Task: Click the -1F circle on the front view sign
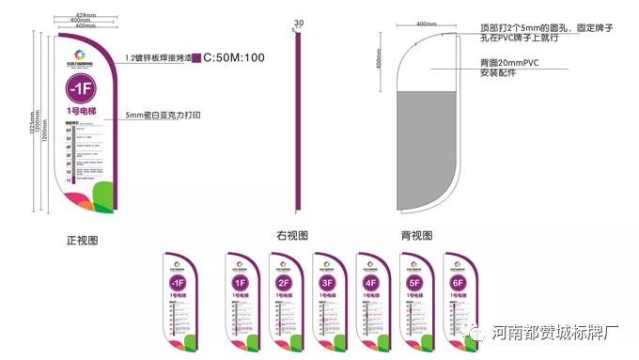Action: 82,90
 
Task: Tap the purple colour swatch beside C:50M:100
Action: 195,57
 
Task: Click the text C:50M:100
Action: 234,57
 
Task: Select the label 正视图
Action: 82,241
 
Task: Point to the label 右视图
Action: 292,235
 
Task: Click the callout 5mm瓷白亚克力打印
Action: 164,116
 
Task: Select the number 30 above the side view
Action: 299,23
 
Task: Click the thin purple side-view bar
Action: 298,122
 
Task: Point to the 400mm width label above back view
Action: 426,23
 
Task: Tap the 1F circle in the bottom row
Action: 240,283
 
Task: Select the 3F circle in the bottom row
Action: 328,283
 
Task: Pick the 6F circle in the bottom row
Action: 459,283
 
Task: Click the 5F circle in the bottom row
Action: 414,283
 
